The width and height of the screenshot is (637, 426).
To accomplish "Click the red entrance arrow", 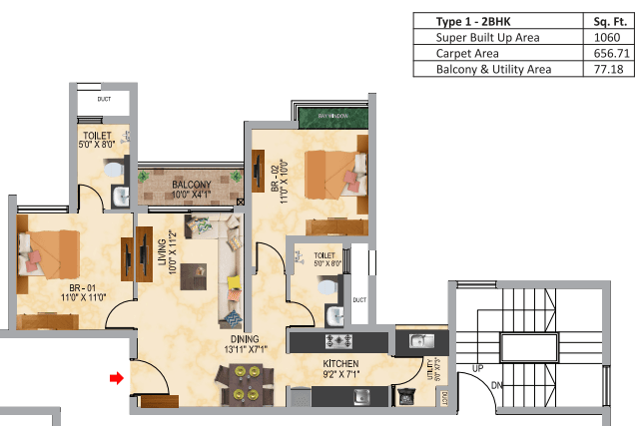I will [117, 378].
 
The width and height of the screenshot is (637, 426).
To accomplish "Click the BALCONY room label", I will [190, 186].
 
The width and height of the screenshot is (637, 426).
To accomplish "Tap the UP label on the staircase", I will [476, 369].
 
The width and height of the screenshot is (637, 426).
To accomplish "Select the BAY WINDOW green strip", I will [331, 116].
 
